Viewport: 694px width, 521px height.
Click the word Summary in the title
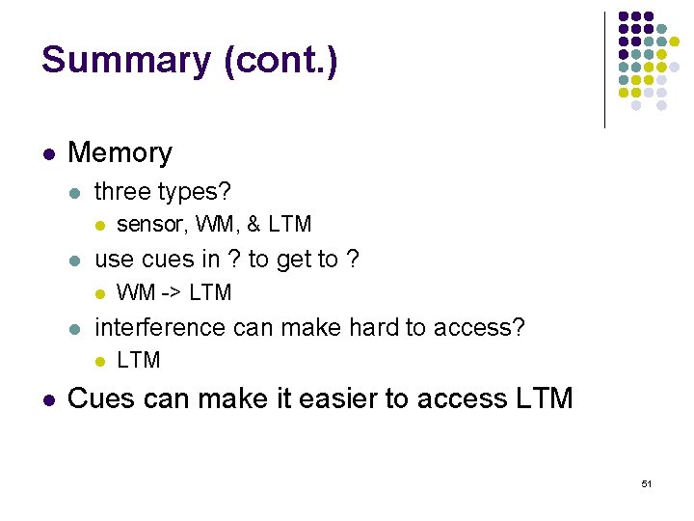pyautogui.click(x=125, y=61)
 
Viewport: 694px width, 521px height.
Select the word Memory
pyautogui.click(x=120, y=152)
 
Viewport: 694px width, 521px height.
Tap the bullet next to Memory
pyautogui.click(x=47, y=153)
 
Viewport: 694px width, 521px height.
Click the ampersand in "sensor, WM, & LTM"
pyautogui.click(x=254, y=225)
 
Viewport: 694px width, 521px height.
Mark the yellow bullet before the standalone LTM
pyautogui.click(x=99, y=361)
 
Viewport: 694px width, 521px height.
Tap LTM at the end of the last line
pyautogui.click(x=540, y=398)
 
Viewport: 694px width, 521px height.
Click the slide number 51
pyautogui.click(x=646, y=482)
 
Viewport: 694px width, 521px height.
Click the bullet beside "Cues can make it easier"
pyautogui.click(x=47, y=398)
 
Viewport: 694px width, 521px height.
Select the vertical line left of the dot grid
pyautogui.click(x=604, y=69)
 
